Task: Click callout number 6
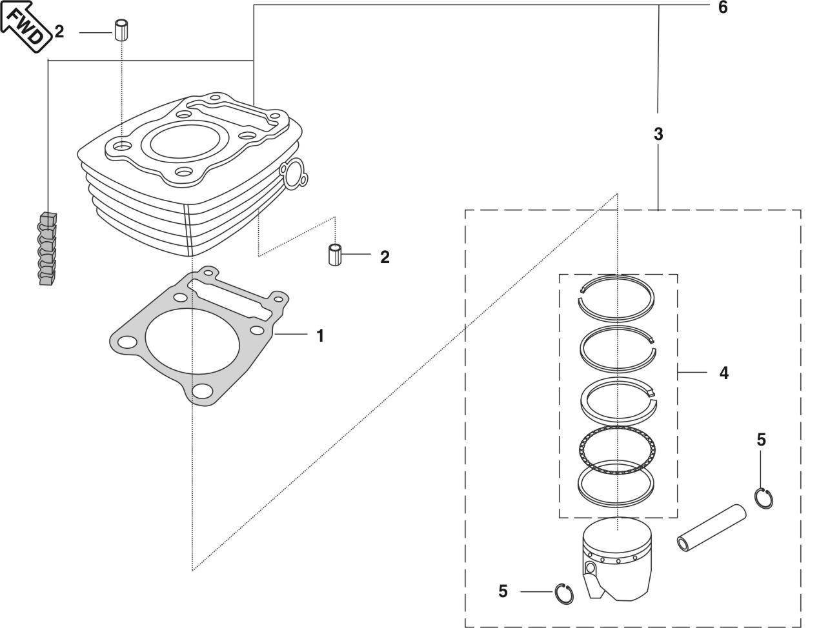723,8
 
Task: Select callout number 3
658,134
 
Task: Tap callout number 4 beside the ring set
723,373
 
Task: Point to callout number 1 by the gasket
319,335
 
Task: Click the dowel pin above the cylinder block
120,30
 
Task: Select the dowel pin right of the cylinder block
334,255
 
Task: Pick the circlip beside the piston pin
764,497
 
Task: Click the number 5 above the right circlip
761,440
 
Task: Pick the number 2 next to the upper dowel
59,31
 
